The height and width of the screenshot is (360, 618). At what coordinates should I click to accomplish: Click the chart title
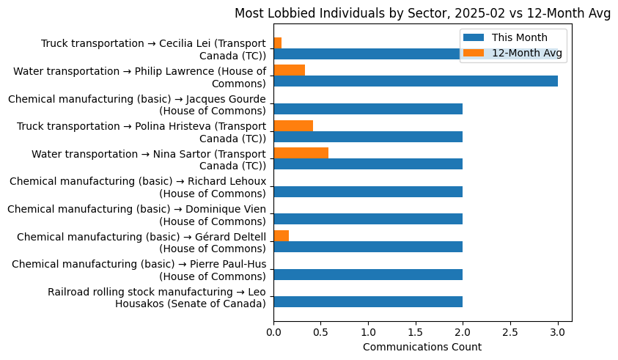[x=422, y=13]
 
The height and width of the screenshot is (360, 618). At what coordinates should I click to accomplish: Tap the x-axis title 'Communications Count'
[x=422, y=347]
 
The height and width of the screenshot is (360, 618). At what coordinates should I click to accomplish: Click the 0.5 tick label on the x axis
[x=320, y=331]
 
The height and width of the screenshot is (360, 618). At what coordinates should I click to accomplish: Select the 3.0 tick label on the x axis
[x=558, y=331]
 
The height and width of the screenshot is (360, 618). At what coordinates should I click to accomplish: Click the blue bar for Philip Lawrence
[x=415, y=81]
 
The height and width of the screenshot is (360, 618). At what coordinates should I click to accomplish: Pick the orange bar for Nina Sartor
[x=301, y=153]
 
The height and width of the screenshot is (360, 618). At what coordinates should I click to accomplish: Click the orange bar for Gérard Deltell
[x=281, y=235]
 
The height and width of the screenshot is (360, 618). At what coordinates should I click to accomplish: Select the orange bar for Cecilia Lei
[x=277, y=43]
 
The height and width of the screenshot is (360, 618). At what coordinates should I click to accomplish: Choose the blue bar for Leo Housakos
[x=368, y=301]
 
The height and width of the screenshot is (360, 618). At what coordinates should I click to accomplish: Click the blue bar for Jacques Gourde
[x=368, y=109]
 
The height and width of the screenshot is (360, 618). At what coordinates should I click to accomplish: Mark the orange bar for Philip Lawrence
[x=289, y=70]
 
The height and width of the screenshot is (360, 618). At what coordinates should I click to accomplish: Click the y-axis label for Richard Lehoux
[x=138, y=188]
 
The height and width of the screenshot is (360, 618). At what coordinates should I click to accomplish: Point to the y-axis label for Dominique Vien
[x=137, y=215]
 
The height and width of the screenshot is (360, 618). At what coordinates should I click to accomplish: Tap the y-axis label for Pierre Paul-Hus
[x=139, y=270]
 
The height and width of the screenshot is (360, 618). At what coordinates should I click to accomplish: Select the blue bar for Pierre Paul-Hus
[x=368, y=274]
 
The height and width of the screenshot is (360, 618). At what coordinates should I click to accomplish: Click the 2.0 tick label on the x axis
[x=463, y=331]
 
